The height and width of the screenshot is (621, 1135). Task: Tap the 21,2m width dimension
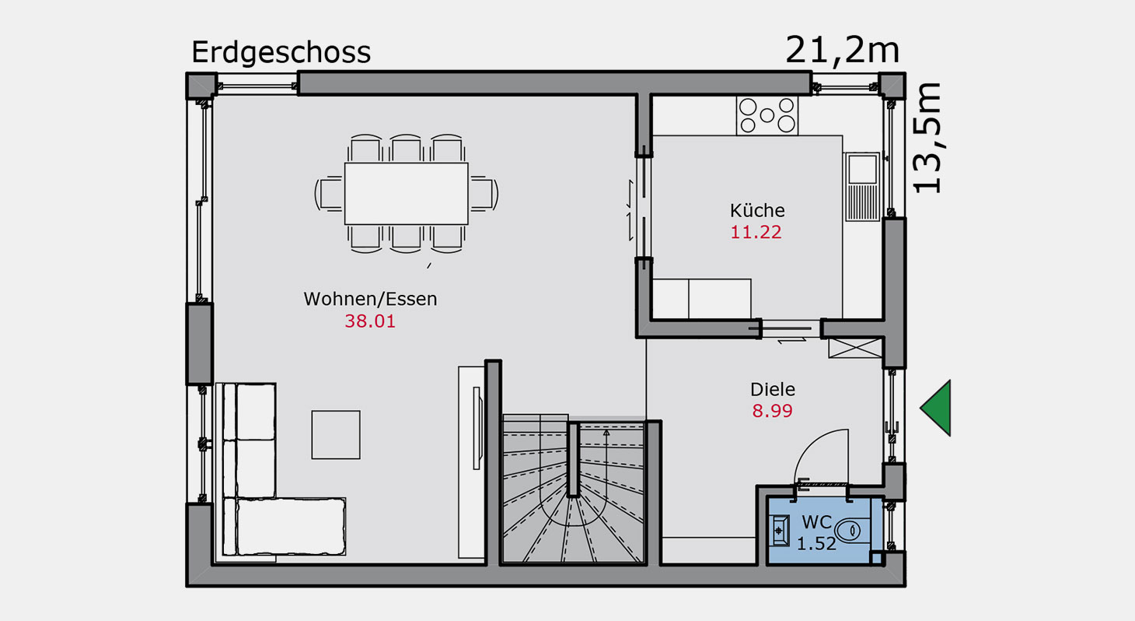[x=842, y=51]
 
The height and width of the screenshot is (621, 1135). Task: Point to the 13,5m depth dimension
[x=927, y=138]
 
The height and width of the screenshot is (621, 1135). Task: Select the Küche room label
[x=757, y=210]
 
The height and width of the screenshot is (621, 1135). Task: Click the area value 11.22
[x=756, y=233]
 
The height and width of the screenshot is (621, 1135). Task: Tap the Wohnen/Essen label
[x=370, y=299]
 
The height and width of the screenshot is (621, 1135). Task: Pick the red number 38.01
[x=370, y=321]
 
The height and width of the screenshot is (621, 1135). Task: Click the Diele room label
[x=773, y=389]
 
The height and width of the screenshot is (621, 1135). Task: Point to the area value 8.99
[x=772, y=411]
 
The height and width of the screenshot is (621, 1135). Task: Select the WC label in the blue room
[x=817, y=521]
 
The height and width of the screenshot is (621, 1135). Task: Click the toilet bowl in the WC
[x=853, y=532]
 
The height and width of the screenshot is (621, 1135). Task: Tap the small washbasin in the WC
[x=779, y=531]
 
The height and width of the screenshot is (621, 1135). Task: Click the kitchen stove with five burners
[x=767, y=116]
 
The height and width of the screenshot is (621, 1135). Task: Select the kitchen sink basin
[x=862, y=170]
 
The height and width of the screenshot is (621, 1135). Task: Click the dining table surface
[x=407, y=194]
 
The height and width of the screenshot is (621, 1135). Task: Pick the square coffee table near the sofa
[x=336, y=435]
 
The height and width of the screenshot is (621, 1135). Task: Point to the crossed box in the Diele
[x=855, y=348]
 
